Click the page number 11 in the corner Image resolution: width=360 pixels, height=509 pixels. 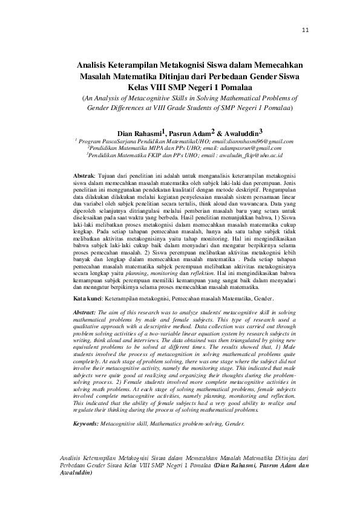tap(305, 31)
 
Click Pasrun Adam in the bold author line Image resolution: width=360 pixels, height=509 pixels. tap(188, 132)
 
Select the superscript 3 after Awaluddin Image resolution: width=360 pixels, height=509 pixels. tap(260, 130)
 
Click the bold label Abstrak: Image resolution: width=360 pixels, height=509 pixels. tap(86, 174)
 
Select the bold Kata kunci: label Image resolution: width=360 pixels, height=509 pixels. tap(88, 299)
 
